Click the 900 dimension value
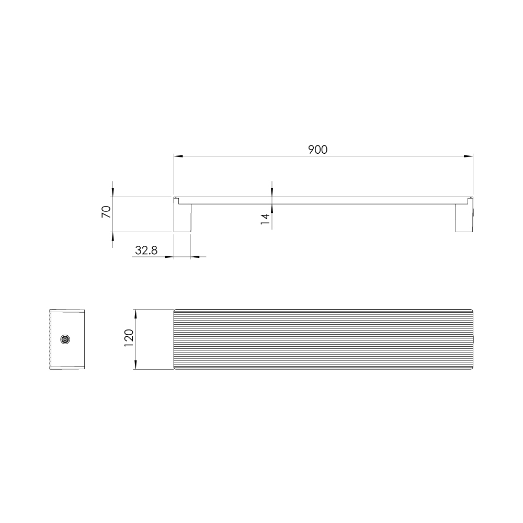click(317, 150)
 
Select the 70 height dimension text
click(106, 212)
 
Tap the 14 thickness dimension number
click(265, 219)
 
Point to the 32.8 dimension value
click(146, 250)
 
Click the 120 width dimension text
click(129, 337)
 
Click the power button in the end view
click(65, 339)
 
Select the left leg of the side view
click(183, 218)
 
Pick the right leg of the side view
click(464, 218)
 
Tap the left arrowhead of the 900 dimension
click(178, 156)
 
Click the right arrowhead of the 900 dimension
click(468, 156)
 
